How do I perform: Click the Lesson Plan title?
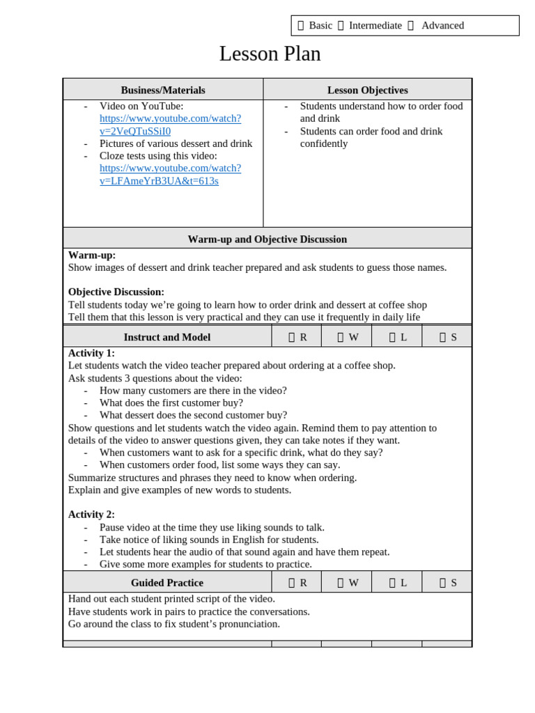(270, 54)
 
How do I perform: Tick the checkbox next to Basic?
(301, 26)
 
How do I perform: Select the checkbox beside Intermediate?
(341, 26)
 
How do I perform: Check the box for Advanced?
(410, 26)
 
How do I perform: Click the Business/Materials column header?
(163, 90)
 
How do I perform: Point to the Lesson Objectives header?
(367, 90)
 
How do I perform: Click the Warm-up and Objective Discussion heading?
(267, 239)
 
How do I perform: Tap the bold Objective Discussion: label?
(116, 292)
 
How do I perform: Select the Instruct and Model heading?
(166, 337)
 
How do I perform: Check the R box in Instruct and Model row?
(292, 337)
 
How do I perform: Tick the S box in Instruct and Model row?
(442, 337)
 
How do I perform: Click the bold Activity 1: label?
(91, 353)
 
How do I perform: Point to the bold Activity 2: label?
(91, 515)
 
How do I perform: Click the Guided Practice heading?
(166, 583)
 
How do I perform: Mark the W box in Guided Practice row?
(341, 583)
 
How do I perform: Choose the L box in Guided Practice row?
(392, 583)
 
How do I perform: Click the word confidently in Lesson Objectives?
(324, 143)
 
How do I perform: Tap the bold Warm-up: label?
(92, 255)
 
